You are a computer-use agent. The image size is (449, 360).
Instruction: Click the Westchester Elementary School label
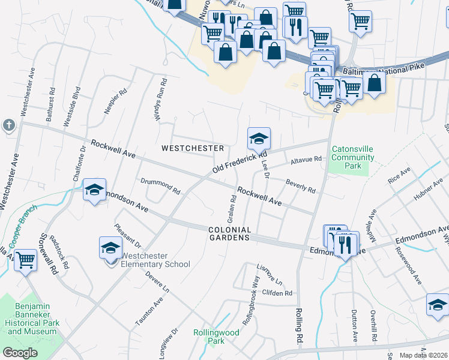pos(155,260)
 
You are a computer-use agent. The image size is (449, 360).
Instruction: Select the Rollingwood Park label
pos(208,337)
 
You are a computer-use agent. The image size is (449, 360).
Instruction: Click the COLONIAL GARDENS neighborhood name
pos(229,233)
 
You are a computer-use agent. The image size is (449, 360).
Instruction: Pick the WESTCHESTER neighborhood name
pos(192,148)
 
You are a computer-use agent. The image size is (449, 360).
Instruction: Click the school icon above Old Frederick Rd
pos(259,139)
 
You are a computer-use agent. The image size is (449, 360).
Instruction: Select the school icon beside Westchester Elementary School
pos(110,247)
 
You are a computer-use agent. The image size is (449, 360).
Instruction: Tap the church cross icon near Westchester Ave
pos(8,125)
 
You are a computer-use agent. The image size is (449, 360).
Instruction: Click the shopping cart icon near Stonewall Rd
pos(25,260)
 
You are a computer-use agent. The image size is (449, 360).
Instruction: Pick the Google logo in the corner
pos(20,352)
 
